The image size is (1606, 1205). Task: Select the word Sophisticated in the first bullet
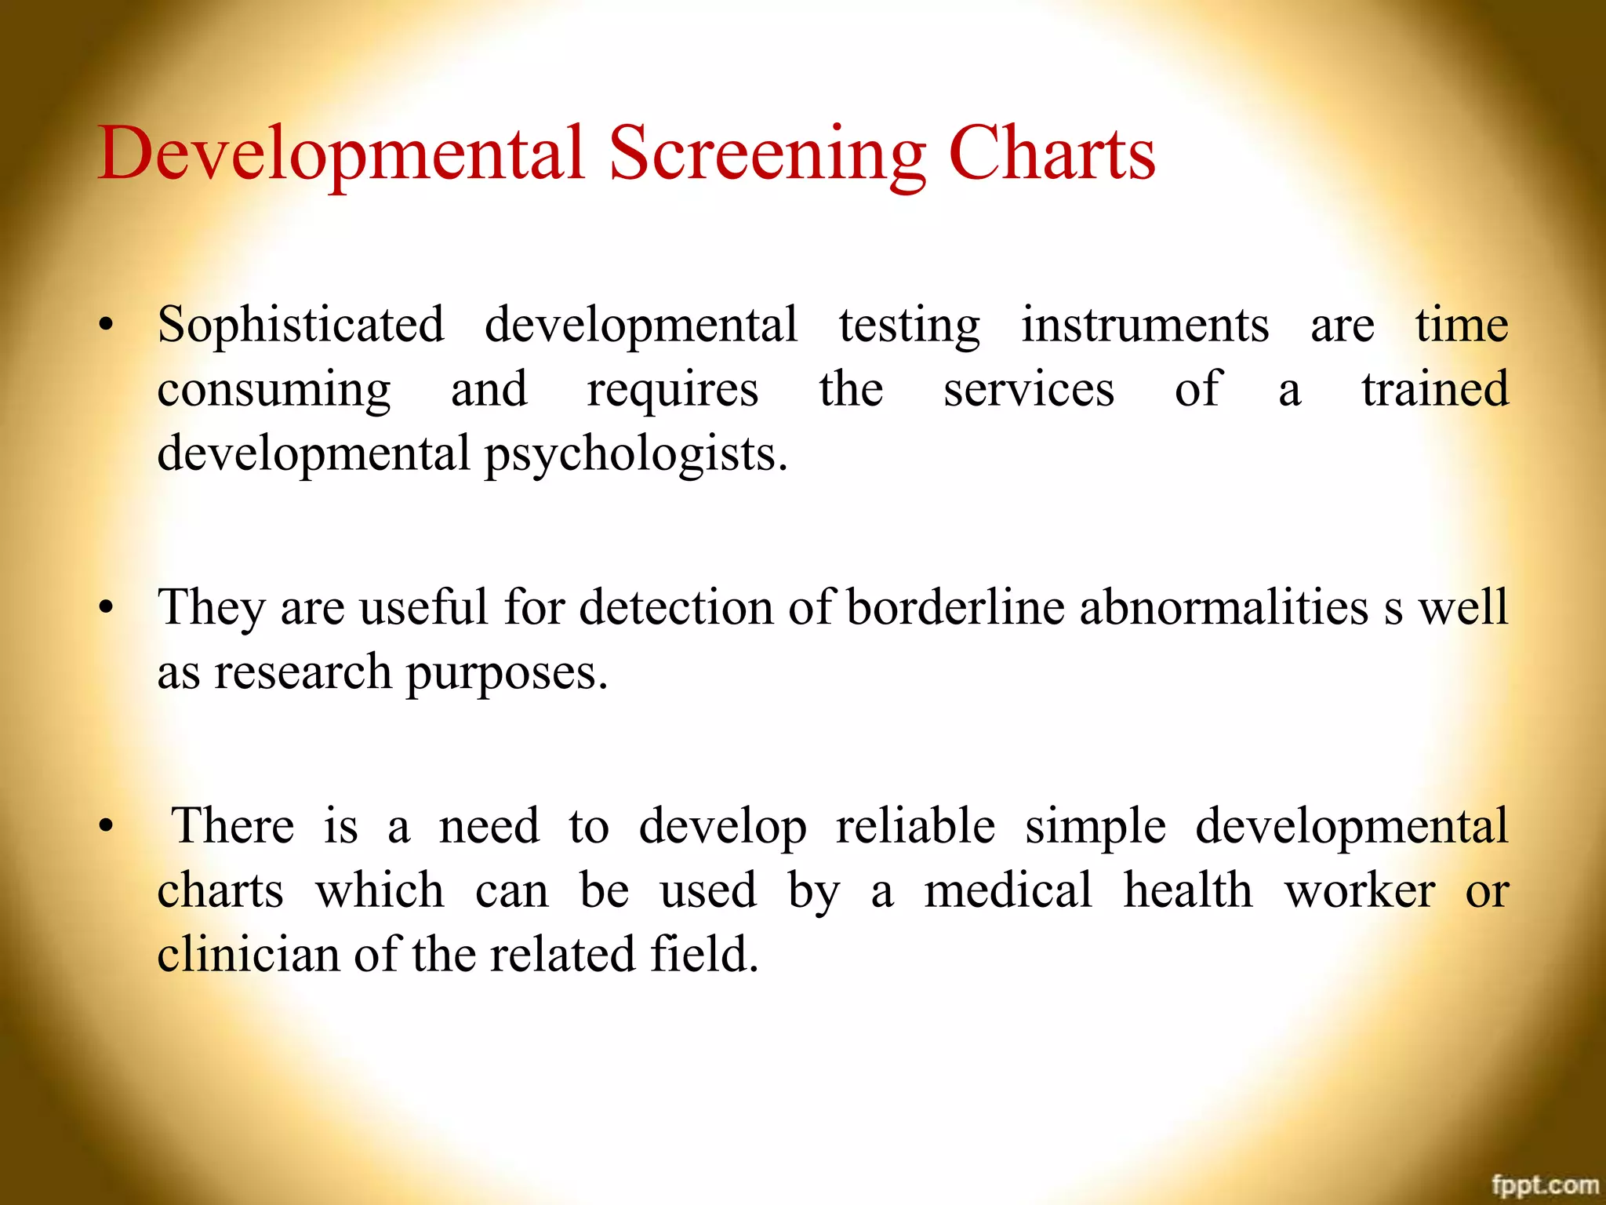[x=300, y=325]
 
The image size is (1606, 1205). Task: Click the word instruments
[x=1144, y=325]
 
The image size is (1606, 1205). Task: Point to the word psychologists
[x=635, y=454]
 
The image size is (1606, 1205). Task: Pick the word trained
[x=1434, y=389]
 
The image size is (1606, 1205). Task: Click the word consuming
[x=274, y=391]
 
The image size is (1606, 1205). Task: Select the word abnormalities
[x=1223, y=607]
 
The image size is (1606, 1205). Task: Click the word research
[x=303, y=673]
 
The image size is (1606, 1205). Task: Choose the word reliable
[x=915, y=826]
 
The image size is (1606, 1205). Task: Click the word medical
[x=1008, y=890]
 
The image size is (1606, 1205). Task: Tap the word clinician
[x=248, y=955]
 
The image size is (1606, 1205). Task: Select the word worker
[x=1360, y=890]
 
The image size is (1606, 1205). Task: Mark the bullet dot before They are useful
[x=107, y=608]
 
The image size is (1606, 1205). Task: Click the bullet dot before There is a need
[x=107, y=827]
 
